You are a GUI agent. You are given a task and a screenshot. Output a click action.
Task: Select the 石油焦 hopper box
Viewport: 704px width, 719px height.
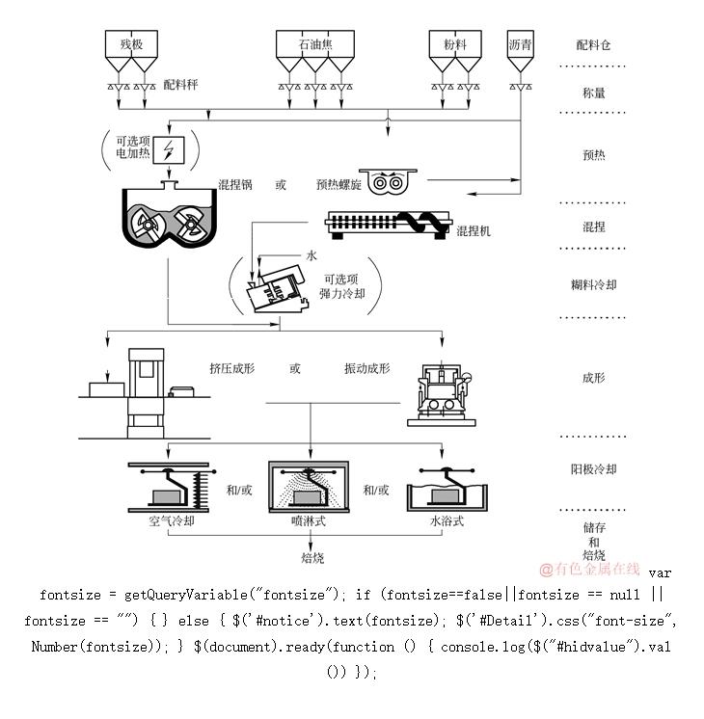click(x=311, y=44)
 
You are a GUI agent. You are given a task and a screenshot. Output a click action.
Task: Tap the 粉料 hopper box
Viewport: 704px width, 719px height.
click(x=455, y=44)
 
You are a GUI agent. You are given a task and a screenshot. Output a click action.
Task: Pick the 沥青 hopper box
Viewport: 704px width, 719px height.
click(x=521, y=44)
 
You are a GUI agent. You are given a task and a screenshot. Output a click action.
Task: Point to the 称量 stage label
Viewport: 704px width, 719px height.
click(x=594, y=93)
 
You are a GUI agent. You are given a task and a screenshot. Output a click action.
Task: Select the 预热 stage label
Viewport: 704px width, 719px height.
click(x=594, y=154)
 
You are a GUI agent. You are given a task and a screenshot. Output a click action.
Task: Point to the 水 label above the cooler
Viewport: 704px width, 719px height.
click(x=311, y=255)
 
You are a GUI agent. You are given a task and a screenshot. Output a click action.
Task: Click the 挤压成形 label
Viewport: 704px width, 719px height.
click(x=231, y=368)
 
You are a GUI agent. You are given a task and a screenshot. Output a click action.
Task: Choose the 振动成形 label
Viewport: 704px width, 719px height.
click(x=366, y=368)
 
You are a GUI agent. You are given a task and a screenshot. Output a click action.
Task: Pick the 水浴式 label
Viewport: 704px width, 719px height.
click(x=447, y=521)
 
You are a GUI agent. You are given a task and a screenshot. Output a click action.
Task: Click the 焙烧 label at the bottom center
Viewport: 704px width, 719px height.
click(x=311, y=557)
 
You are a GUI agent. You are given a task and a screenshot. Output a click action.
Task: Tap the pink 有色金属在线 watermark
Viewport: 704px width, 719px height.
click(x=589, y=569)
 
